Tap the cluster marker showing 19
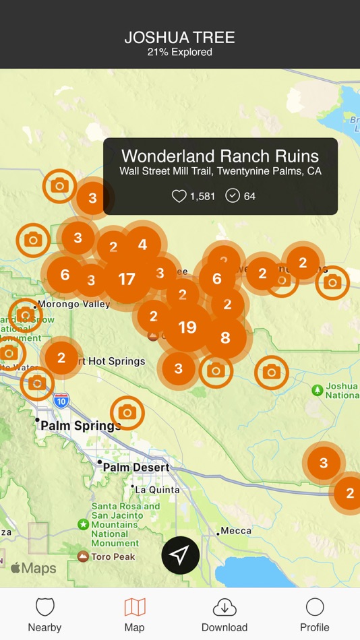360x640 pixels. (x=187, y=327)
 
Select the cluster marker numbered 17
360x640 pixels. (x=127, y=279)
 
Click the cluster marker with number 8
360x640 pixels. (x=225, y=338)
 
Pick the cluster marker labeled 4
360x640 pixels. (x=142, y=245)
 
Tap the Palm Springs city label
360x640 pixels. (x=80, y=426)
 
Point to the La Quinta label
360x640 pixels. (x=158, y=489)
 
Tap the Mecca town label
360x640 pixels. (x=235, y=531)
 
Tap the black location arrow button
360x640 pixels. (x=180, y=555)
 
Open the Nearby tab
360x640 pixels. (x=44, y=614)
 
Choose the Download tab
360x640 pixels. (x=224, y=614)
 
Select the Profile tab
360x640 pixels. (x=315, y=614)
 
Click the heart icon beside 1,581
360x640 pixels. (x=179, y=196)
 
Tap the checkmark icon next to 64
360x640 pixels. (x=233, y=196)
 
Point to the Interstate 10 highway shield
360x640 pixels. (x=61, y=400)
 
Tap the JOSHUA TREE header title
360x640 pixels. (x=180, y=38)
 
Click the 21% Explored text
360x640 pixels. (x=180, y=53)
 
